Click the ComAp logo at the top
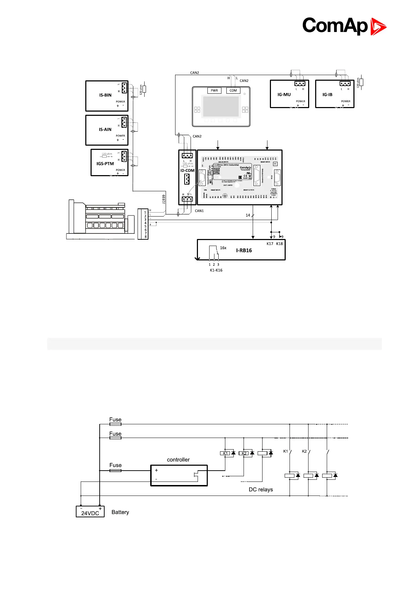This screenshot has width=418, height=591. click(344, 26)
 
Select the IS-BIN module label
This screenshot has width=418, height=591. click(105, 95)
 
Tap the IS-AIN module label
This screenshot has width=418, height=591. click(105, 130)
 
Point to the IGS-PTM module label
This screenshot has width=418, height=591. click(105, 164)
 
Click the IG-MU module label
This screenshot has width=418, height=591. click(284, 95)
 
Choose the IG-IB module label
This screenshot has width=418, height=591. click(327, 95)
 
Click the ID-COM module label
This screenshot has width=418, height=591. click(187, 171)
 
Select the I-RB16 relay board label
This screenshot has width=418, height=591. click(244, 251)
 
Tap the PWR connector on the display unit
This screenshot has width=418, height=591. click(214, 91)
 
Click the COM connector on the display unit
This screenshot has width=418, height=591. click(233, 91)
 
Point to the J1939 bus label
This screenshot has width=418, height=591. click(164, 199)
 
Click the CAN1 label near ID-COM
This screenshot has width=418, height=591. click(199, 211)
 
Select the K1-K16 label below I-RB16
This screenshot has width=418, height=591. click(216, 270)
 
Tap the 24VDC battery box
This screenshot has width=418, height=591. click(90, 512)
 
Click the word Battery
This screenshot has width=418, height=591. click(120, 512)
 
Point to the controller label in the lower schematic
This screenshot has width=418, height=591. click(178, 460)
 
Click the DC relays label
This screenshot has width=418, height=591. click(261, 490)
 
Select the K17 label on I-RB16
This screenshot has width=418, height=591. click(270, 244)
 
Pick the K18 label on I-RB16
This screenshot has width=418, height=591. click(279, 244)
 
